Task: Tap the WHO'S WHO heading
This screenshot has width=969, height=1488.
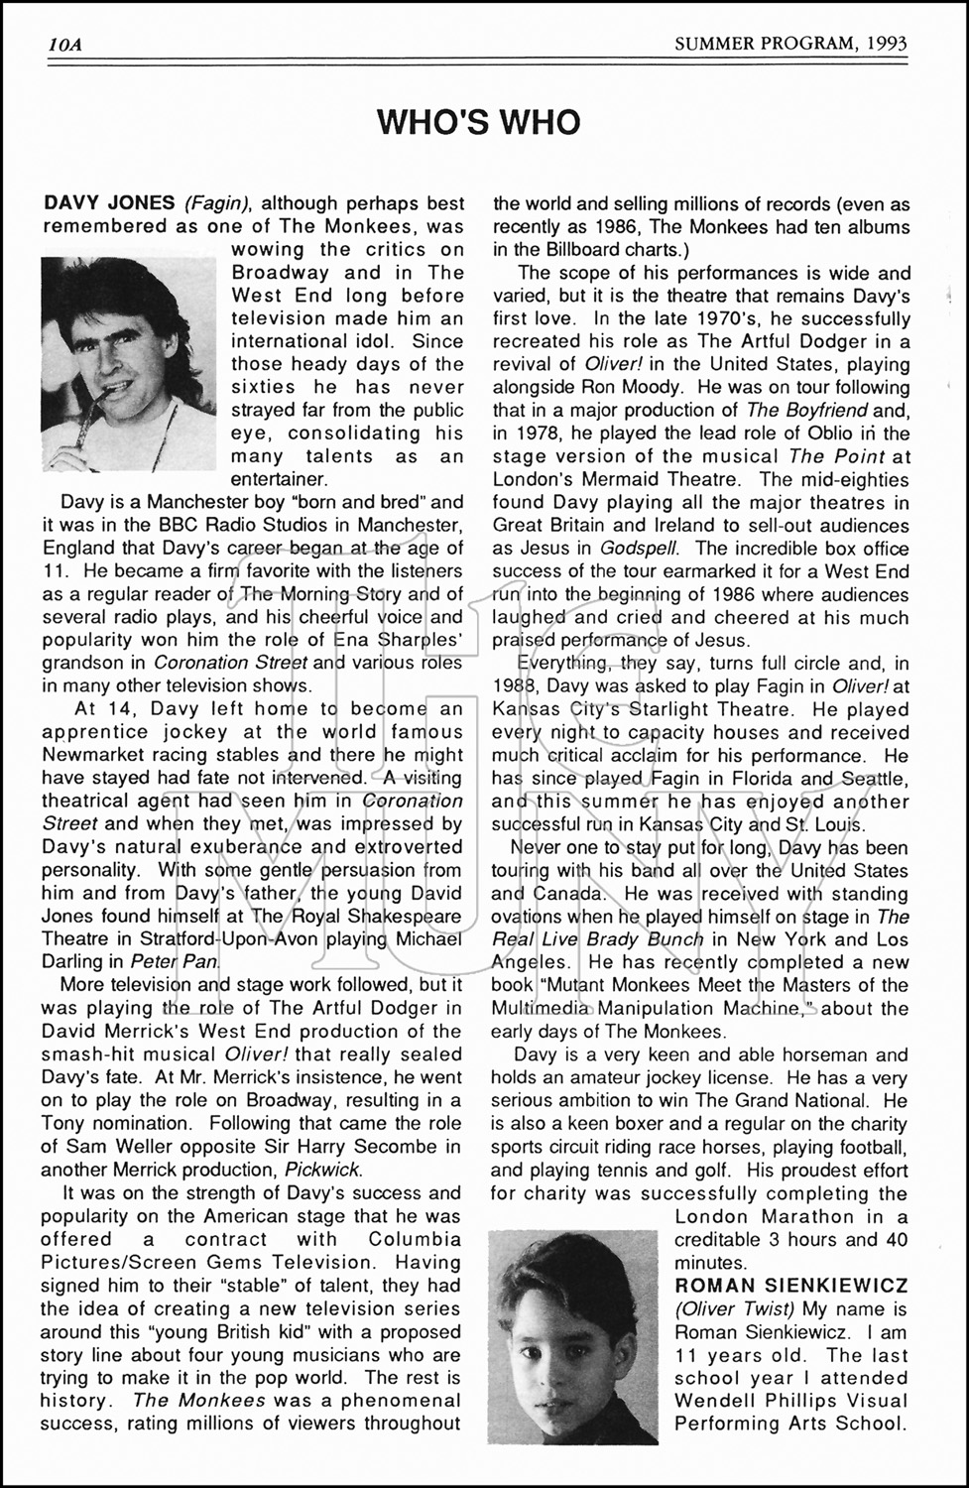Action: [478, 121]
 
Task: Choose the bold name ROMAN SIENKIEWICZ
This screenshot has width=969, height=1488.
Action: [790, 1286]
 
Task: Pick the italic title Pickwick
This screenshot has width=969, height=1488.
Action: [322, 1170]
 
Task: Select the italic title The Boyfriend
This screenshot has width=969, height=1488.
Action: [806, 410]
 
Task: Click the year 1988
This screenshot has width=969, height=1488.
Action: [515, 685]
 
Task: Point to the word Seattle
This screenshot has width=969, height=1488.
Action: [873, 778]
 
